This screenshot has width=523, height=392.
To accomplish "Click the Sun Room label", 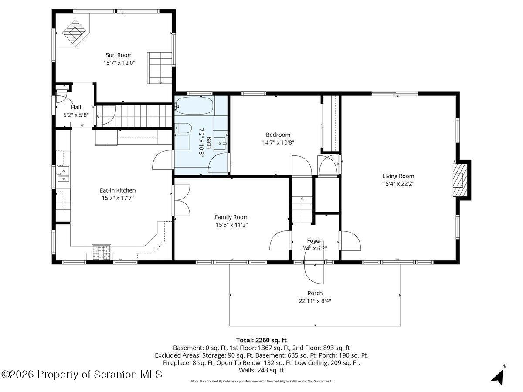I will (119, 55).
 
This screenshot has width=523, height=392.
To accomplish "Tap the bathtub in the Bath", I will (194, 106).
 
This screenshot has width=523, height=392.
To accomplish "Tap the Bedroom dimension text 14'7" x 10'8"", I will (278, 142).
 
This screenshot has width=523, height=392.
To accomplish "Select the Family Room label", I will (231, 217).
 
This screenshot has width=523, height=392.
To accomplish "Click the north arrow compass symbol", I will (499, 375).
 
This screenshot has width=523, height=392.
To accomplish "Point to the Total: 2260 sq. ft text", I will (261, 340).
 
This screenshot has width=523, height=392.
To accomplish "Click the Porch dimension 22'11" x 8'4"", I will (315, 301).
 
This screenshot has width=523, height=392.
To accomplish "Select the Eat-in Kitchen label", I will (118, 190).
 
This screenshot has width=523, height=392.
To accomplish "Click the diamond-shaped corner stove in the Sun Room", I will (74, 32).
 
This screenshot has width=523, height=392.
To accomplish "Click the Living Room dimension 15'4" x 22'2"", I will (398, 183).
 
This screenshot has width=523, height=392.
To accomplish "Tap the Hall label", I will (76, 107).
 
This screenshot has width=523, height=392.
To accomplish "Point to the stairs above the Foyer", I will (302, 209).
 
